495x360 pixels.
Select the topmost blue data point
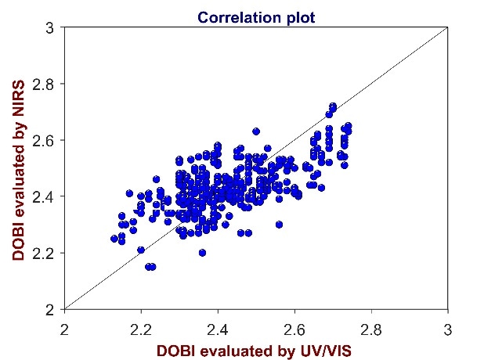[x=333, y=106]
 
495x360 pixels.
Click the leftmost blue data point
[x=114, y=239]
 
